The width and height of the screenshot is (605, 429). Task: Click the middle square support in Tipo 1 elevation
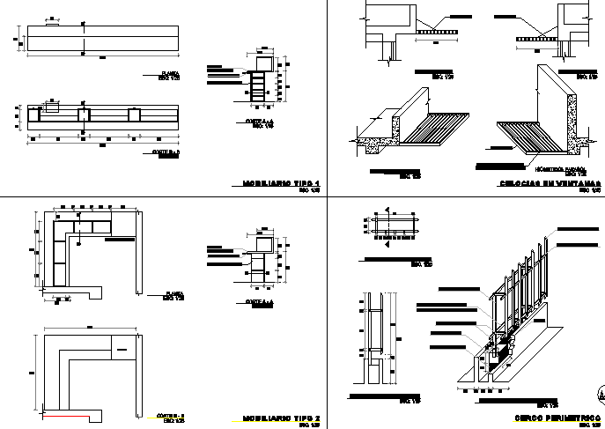(x=85, y=115)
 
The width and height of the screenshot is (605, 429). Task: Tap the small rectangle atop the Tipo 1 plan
(x=53, y=25)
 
